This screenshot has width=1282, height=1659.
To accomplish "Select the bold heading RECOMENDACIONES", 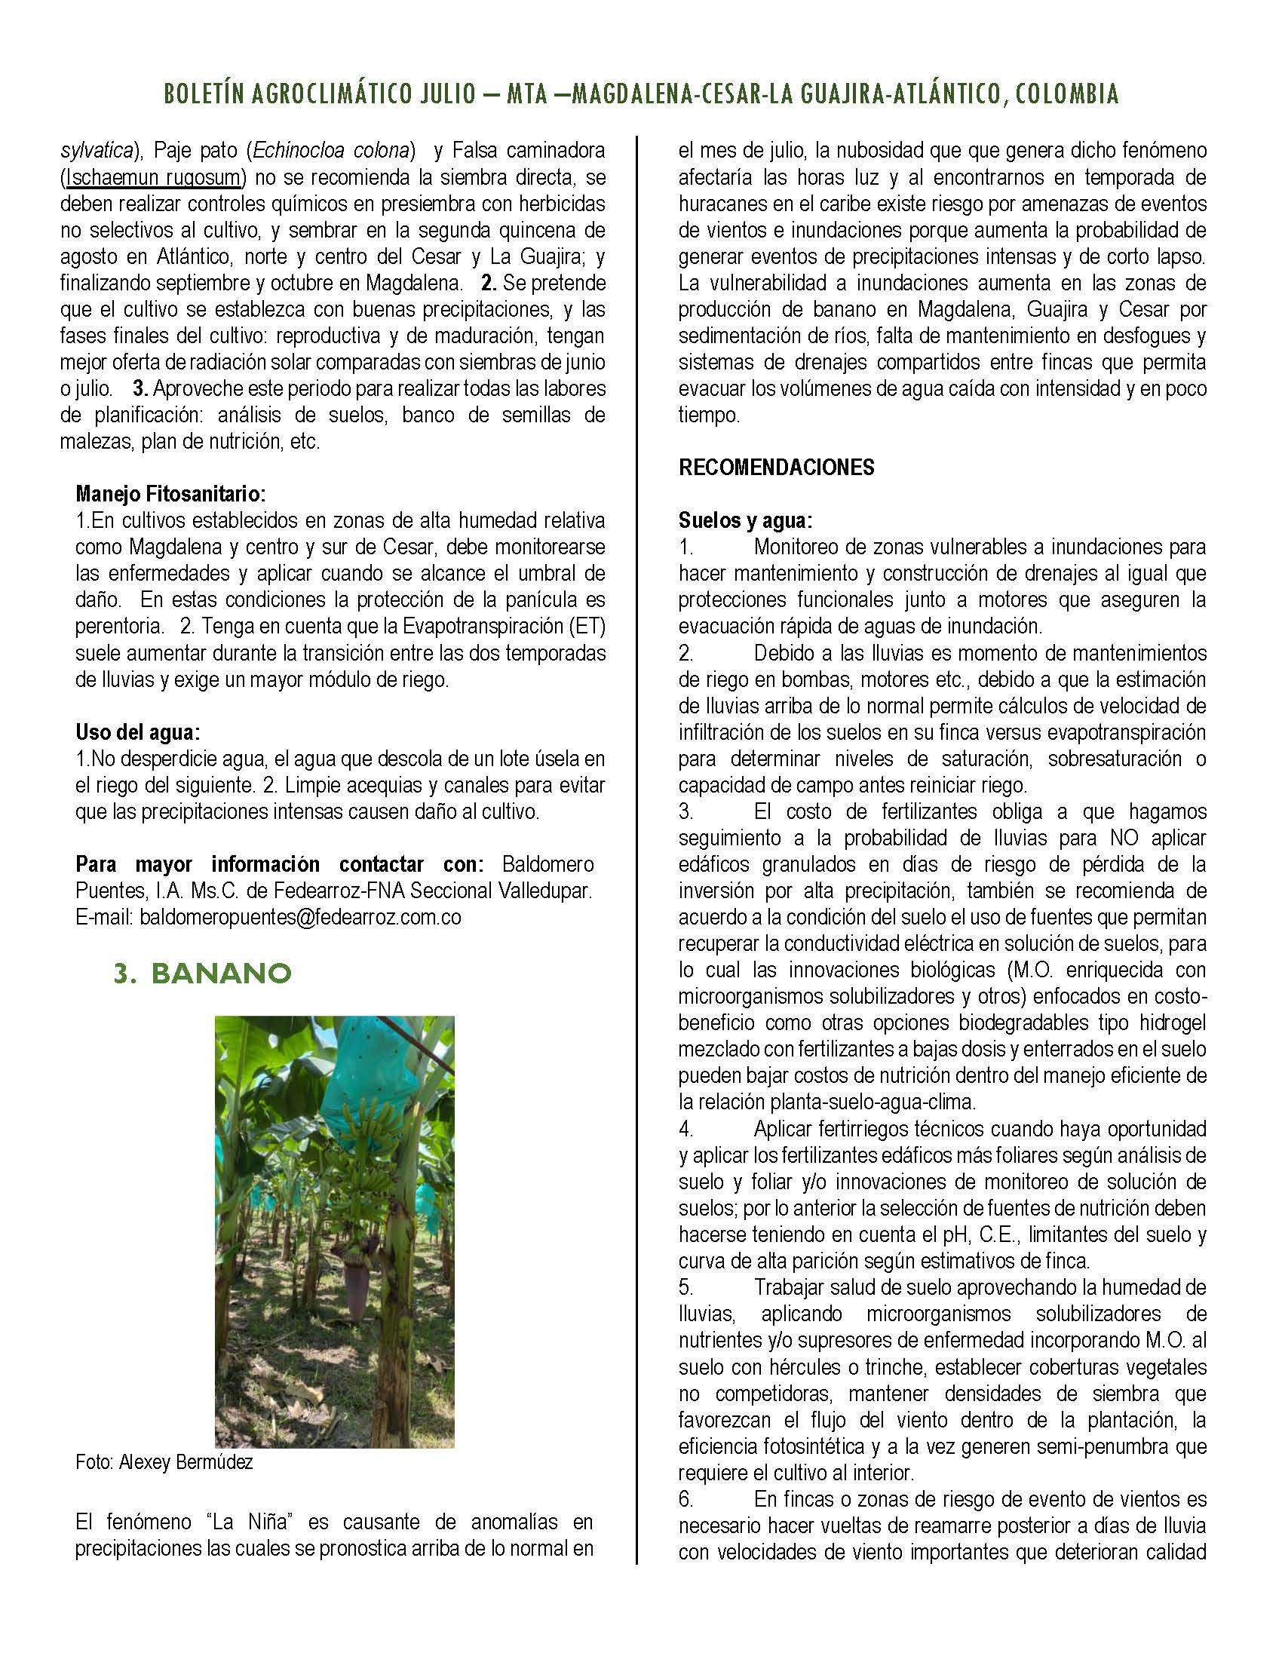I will click(776, 468).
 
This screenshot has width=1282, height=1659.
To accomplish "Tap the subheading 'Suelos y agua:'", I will click(745, 521).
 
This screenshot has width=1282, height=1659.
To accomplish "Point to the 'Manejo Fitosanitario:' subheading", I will click(171, 495).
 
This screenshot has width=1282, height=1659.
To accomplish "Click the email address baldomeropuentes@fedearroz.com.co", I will click(300, 918).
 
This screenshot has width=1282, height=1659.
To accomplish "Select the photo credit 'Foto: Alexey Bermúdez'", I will click(164, 1462).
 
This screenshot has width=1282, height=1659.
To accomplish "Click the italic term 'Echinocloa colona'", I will click(334, 151).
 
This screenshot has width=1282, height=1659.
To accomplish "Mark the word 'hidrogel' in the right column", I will click(1169, 1023).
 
